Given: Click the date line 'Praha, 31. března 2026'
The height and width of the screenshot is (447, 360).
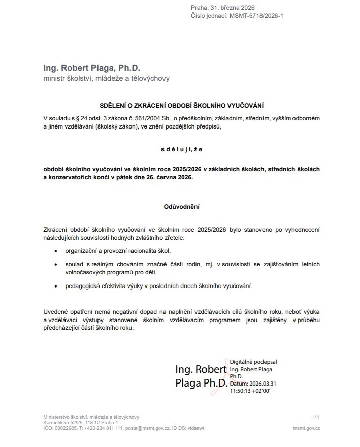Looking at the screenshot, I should click(222, 8).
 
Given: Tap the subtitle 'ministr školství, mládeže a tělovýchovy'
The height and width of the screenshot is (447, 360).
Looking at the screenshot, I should click(106, 78).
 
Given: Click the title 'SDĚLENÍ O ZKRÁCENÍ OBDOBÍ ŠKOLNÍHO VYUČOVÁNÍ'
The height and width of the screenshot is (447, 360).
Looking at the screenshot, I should click(181, 105).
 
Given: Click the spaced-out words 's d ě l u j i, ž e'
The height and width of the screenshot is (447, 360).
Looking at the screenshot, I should click(182, 149).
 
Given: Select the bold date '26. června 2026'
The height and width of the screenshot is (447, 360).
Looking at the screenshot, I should click(169, 178).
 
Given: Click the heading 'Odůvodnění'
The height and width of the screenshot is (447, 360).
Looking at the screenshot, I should click(181, 207).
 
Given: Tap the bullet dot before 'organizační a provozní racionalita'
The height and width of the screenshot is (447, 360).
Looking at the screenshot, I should click(57, 251).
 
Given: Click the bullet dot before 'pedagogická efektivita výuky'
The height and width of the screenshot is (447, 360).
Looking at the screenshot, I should click(57, 286).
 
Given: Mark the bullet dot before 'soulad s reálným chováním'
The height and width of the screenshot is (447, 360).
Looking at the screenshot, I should click(57, 264).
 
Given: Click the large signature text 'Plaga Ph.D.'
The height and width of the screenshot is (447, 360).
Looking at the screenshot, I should click(201, 383).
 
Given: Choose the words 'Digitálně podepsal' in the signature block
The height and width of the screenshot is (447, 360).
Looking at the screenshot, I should click(253, 362).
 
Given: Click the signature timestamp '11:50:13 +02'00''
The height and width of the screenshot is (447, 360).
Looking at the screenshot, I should click(250, 391).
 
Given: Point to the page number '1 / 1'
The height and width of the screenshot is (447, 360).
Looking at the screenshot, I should click(315, 417).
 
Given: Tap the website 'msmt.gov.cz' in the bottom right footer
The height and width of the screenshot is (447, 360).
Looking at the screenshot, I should click(306, 428).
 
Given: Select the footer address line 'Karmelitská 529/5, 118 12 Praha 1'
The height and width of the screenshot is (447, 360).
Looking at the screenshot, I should click(81, 423).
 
